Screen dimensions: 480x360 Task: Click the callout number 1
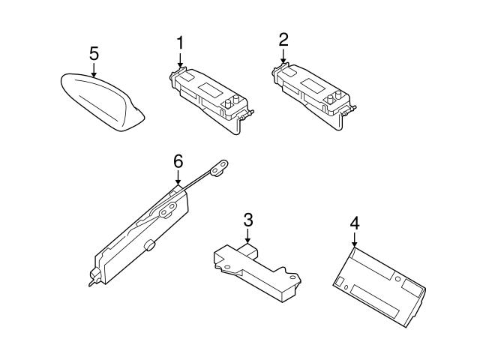(x=180, y=43)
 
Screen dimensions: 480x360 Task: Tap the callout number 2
(x=283, y=40)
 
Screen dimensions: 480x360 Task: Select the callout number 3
(x=248, y=220)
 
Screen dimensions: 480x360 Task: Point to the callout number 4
(x=355, y=223)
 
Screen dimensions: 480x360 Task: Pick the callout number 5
(x=94, y=53)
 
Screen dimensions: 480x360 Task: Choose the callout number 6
(x=178, y=161)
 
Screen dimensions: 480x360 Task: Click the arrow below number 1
(x=180, y=60)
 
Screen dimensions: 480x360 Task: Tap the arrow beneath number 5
(x=94, y=70)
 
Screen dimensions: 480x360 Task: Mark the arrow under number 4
(x=355, y=240)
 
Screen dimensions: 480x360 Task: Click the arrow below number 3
(x=248, y=236)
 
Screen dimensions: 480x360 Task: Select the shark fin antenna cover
(x=103, y=102)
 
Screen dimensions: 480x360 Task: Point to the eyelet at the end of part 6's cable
(x=220, y=168)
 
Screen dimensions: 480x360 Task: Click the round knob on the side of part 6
(x=149, y=245)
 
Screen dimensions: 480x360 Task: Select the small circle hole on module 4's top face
(x=398, y=279)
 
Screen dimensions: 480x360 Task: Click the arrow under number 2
(x=283, y=57)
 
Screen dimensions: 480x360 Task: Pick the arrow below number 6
(x=178, y=178)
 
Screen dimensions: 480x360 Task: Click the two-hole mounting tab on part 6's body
(x=168, y=210)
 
